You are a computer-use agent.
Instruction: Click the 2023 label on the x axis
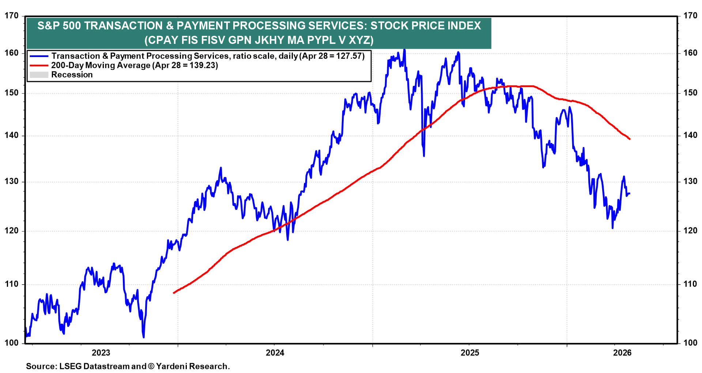[x=101, y=353]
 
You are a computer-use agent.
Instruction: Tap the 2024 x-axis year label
[x=275, y=353]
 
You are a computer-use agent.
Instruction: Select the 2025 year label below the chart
[x=470, y=353]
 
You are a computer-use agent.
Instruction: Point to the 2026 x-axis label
[x=622, y=353]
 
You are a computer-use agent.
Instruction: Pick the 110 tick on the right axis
[x=690, y=284]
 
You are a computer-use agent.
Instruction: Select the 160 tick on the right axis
[x=690, y=53]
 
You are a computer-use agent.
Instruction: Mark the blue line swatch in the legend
[x=39, y=56]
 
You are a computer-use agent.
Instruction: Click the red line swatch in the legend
[x=39, y=65]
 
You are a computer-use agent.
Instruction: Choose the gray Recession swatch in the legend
[x=39, y=75]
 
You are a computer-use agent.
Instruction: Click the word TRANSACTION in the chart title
[x=123, y=26]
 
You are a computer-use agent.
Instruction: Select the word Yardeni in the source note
[x=173, y=366]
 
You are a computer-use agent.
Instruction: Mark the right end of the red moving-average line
[x=630, y=139]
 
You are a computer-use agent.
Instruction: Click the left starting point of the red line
[x=174, y=293]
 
